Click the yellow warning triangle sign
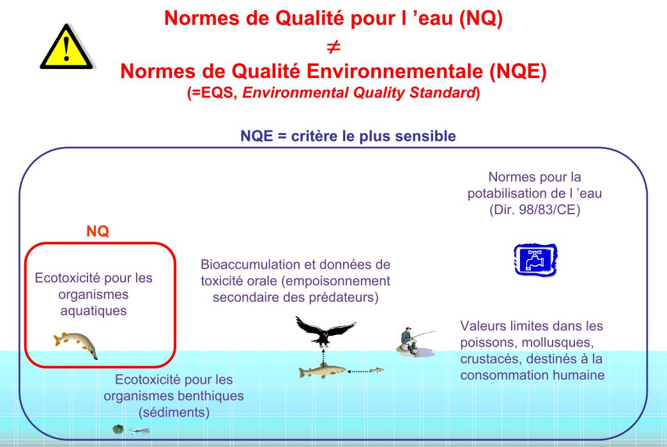(67, 48)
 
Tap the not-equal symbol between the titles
(333, 47)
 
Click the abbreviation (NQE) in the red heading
(517, 71)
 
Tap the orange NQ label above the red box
(97, 231)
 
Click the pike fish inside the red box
(76, 345)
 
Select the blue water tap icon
(535, 259)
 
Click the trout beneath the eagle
(322, 370)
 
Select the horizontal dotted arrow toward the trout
(358, 372)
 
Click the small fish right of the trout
(377, 370)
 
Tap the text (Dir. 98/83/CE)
(535, 210)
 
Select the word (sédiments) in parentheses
(174, 412)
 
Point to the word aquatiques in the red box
(93, 311)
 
